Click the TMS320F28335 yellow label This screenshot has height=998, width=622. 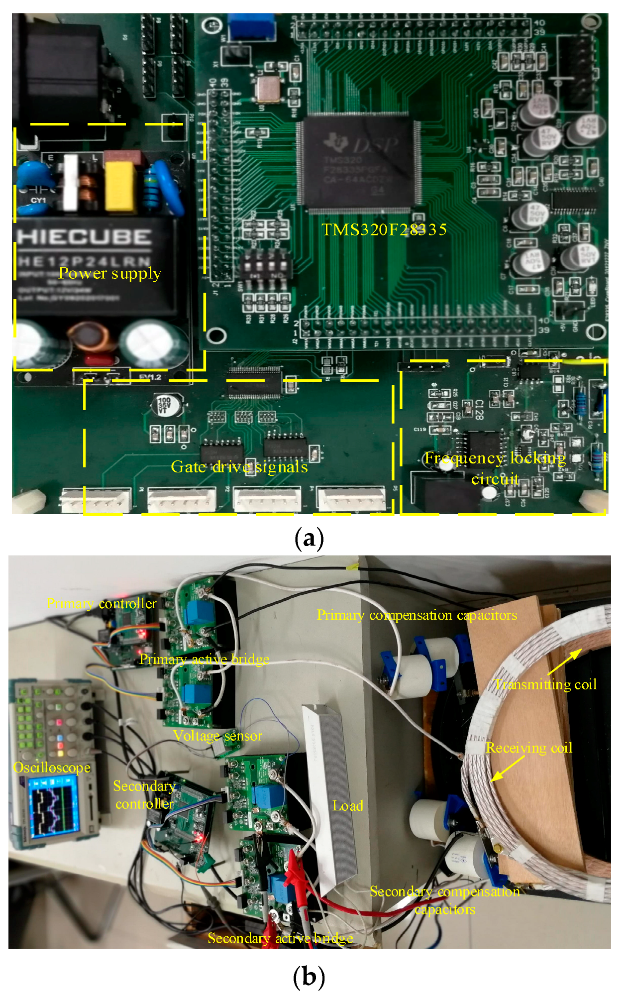click(x=384, y=229)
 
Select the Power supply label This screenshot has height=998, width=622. click(x=110, y=273)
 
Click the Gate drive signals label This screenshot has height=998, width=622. click(x=239, y=466)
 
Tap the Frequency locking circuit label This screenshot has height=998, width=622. click(x=495, y=468)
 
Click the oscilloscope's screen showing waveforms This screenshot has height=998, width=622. click(x=52, y=807)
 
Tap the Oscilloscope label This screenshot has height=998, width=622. click(x=52, y=768)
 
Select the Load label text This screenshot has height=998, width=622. click(x=348, y=805)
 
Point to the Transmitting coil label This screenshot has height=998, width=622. click(x=545, y=684)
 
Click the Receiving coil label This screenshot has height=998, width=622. click(x=529, y=748)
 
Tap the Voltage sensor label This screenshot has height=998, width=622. click(x=217, y=736)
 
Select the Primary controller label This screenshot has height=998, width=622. click(x=102, y=603)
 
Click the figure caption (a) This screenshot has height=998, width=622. click(x=309, y=538)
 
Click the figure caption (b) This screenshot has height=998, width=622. click(x=309, y=977)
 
